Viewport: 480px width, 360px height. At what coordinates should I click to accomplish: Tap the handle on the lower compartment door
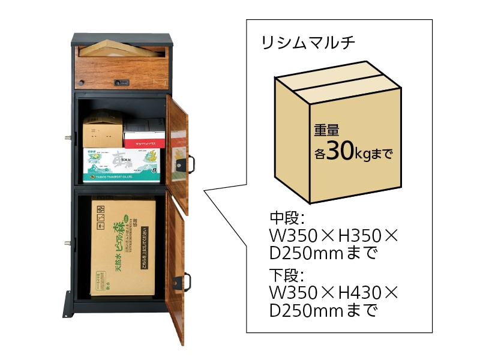[x=187, y=280]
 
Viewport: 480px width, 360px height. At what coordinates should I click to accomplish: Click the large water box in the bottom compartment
[x=124, y=247]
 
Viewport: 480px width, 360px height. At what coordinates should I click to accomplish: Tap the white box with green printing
[x=124, y=164]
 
